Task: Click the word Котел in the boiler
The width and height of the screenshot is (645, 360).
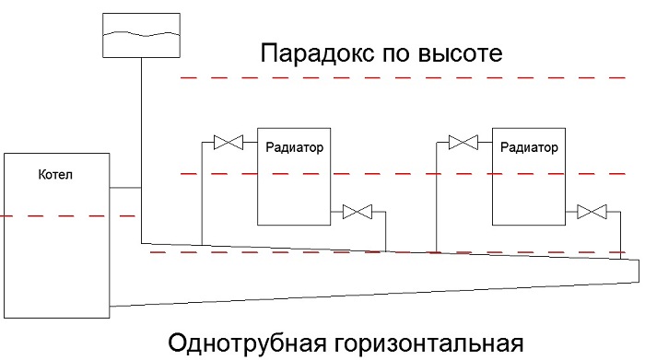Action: [55, 175]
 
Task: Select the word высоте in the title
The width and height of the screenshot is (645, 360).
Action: [461, 53]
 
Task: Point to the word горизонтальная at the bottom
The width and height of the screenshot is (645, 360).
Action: [428, 344]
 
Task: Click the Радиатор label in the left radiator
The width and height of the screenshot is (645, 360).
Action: [294, 147]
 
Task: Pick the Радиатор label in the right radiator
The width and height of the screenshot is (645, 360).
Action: [529, 147]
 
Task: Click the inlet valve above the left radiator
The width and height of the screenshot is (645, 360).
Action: [229, 142]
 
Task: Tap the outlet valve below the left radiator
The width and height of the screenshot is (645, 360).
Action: [358, 212]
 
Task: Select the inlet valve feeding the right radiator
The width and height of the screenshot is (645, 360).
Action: [463, 142]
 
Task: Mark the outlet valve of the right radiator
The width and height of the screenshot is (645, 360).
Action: [592, 212]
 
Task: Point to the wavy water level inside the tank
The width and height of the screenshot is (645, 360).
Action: [141, 34]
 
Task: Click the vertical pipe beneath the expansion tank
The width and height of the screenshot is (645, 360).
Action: [142, 150]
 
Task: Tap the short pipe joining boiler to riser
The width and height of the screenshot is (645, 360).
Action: [125, 188]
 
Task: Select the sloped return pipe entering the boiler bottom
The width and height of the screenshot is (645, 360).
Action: [374, 295]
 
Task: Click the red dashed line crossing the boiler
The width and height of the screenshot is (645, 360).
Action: [68, 215]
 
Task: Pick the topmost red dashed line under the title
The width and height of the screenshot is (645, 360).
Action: [404, 77]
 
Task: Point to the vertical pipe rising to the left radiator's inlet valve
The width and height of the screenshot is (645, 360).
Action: [202, 193]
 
